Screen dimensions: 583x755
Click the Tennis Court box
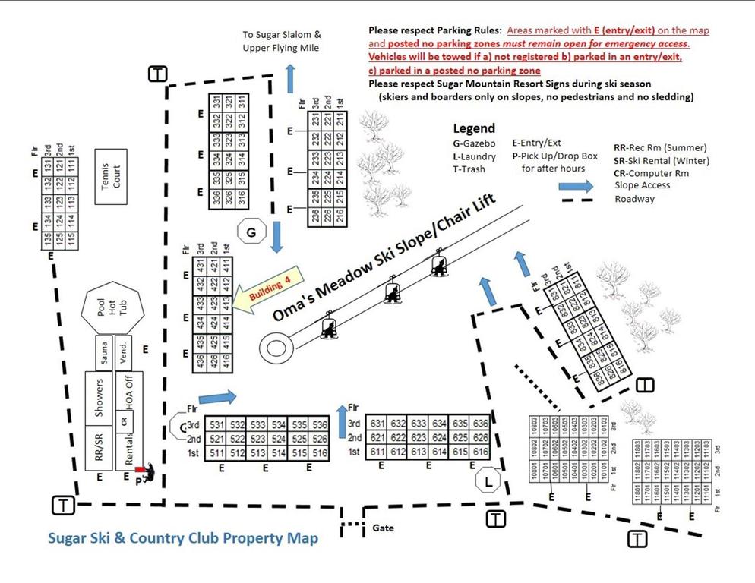(x=111, y=173)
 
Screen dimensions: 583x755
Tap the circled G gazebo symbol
(x=251, y=232)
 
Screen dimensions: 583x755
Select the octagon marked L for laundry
(x=488, y=481)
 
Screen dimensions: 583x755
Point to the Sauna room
(x=103, y=352)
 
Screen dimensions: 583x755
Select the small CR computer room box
(x=122, y=421)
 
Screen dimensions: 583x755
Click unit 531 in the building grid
(x=196, y=424)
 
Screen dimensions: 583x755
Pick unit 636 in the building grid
(x=480, y=423)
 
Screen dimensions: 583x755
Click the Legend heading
(x=474, y=128)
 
